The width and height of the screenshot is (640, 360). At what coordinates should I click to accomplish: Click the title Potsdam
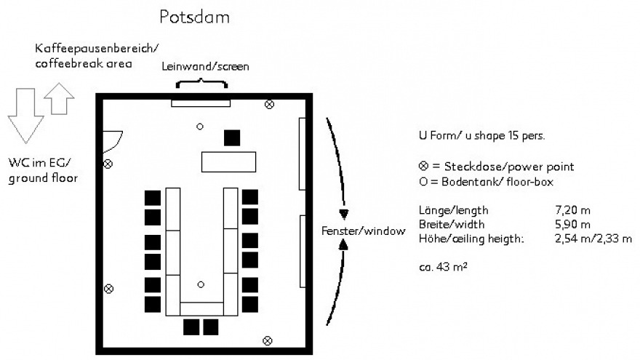[194, 17]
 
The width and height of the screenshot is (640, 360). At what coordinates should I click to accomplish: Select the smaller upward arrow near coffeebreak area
[59, 99]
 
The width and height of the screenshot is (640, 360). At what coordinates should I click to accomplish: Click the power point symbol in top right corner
[269, 105]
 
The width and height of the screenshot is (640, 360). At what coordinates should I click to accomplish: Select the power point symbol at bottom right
[268, 340]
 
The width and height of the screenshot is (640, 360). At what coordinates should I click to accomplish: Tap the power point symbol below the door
[108, 164]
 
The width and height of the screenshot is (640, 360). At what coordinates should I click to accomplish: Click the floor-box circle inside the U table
[200, 284]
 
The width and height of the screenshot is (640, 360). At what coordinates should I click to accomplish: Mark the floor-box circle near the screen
[200, 127]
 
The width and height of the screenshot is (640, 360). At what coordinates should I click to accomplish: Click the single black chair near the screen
[232, 137]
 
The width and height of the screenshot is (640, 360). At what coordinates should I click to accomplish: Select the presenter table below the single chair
[229, 161]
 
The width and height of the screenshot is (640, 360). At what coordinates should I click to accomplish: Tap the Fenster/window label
[362, 231]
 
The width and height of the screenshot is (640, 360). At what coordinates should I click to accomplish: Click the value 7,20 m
[572, 211]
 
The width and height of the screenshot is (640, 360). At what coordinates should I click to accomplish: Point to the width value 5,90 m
[572, 224]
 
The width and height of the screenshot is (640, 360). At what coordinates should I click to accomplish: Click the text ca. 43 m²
[443, 266]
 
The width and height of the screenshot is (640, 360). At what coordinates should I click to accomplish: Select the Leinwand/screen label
[206, 66]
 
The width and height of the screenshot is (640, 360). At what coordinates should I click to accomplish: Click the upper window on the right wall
[302, 153]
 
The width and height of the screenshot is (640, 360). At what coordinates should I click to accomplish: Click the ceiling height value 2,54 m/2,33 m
[593, 238]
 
